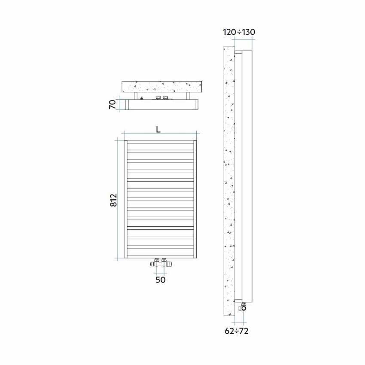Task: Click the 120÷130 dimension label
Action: coord(239,32)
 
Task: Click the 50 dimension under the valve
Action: coord(160,280)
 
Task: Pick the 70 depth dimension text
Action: coord(113,105)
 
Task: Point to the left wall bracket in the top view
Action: coord(136,96)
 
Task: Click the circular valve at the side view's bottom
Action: coord(244,307)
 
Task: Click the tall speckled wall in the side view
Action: coord(228,180)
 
